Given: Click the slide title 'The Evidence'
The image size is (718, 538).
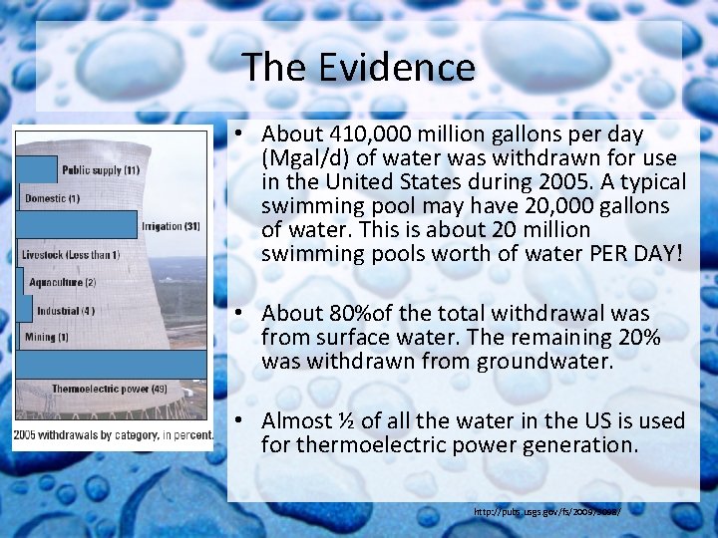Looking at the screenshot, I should point(359,68).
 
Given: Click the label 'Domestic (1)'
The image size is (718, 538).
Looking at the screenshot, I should point(52,198).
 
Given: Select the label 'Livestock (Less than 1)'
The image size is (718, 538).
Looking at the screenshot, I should point(71,255).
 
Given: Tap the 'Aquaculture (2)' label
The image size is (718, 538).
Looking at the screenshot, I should point(62,283).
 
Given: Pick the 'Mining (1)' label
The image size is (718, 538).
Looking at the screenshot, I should point(47,338).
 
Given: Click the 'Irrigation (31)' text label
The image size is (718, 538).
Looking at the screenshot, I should point(171,226).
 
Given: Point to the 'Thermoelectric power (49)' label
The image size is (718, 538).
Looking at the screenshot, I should point(109,389).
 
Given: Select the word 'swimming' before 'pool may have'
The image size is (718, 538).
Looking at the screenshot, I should point(305,206).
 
